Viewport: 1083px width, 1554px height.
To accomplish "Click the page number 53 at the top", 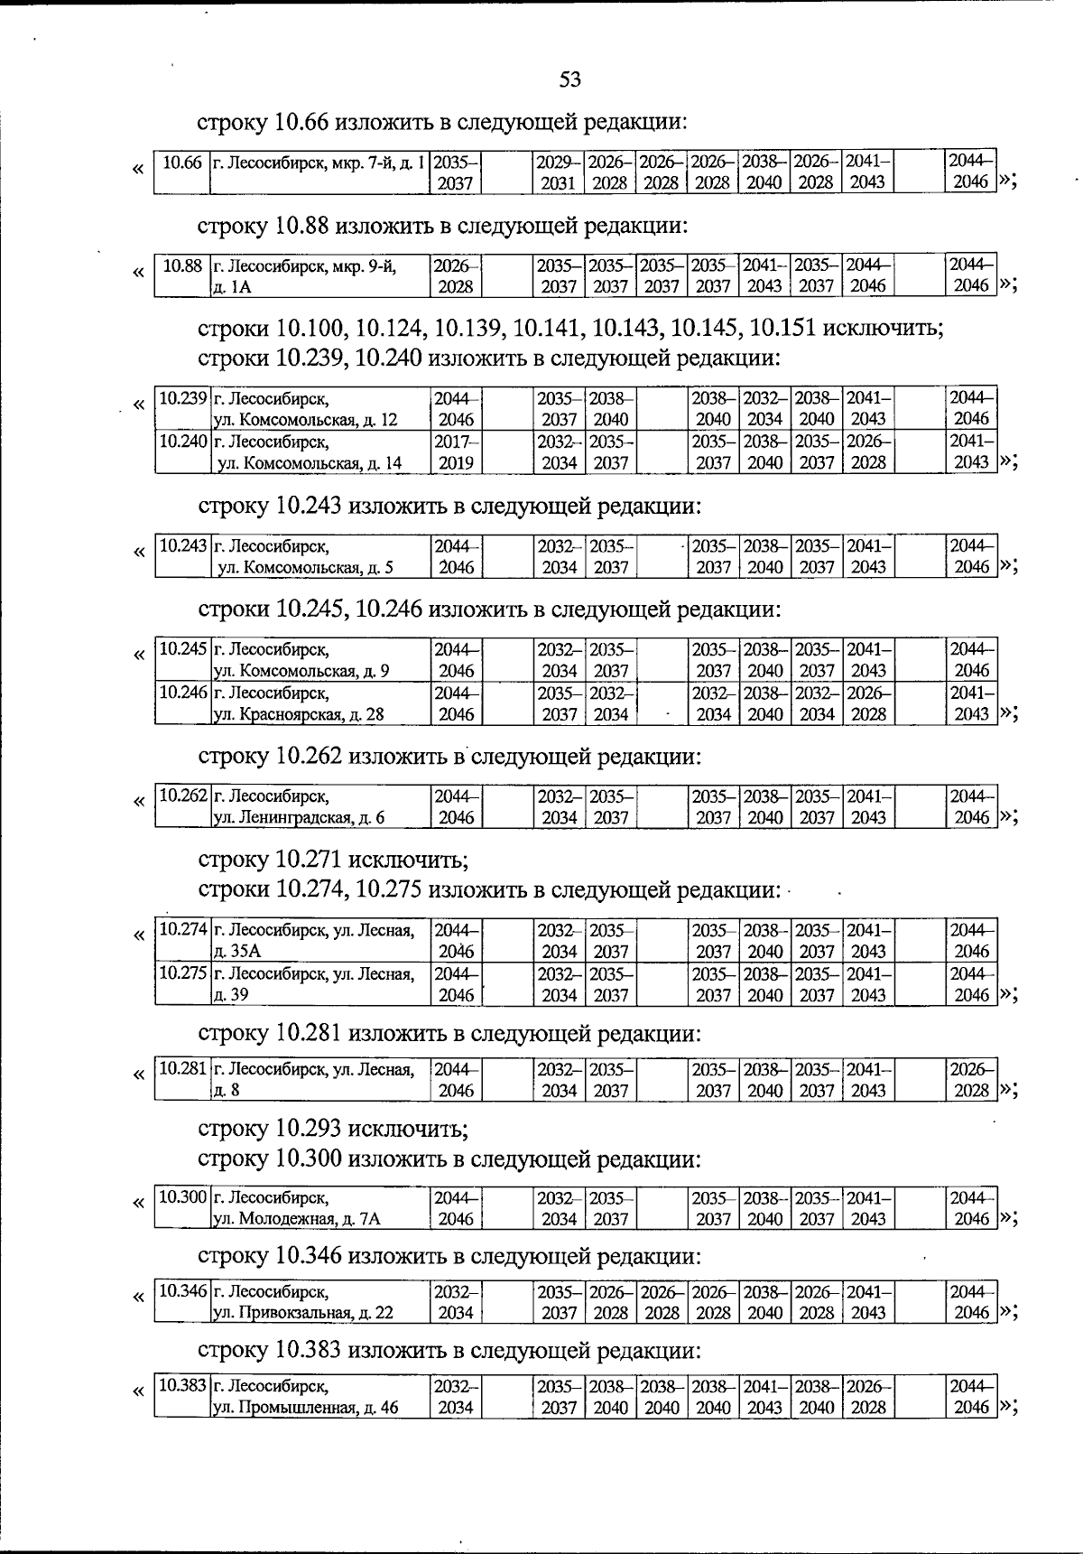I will (x=569, y=79).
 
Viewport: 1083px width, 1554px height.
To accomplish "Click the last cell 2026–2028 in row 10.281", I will (x=972, y=1079).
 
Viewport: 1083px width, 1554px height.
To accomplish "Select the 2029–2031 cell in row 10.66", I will (x=558, y=172).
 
